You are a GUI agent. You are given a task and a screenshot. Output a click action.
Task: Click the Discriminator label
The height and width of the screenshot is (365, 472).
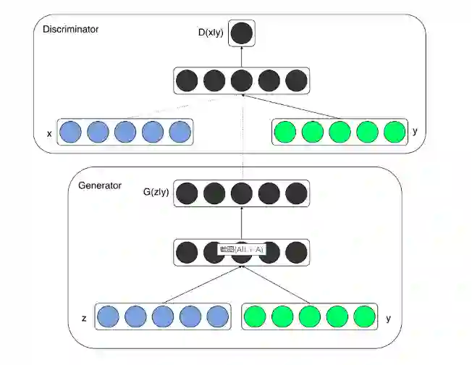(70, 30)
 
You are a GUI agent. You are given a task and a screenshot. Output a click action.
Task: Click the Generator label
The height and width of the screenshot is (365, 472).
(99, 186)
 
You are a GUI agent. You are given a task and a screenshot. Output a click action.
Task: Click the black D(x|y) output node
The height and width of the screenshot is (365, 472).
(242, 33)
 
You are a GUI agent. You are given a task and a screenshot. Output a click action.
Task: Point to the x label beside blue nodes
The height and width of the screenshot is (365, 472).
(49, 133)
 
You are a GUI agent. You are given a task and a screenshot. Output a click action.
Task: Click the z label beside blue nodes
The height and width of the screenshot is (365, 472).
(85, 318)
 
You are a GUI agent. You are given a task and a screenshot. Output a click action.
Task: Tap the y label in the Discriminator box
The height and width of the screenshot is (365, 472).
(414, 133)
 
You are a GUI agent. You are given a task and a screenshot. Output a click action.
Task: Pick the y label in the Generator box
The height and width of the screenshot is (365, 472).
(389, 318)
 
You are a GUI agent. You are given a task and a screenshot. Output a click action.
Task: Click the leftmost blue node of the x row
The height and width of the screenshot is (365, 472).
(70, 133)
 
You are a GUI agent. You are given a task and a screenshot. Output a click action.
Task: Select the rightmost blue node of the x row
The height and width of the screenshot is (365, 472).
(180, 133)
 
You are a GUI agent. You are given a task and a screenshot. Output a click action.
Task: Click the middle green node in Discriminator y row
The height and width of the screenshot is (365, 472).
(339, 133)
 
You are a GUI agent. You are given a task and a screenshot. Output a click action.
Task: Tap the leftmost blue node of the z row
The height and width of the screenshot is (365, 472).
(108, 317)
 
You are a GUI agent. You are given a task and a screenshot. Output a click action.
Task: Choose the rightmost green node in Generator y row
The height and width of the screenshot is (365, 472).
(365, 317)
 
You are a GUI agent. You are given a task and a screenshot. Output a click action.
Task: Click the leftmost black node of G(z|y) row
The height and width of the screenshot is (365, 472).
(187, 193)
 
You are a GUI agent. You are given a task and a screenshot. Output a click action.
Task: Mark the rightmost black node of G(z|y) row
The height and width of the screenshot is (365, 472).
(296, 193)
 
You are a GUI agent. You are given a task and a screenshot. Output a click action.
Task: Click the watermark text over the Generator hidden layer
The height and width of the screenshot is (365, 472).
(242, 250)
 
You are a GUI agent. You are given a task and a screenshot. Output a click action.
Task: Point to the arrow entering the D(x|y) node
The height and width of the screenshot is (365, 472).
(242, 57)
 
